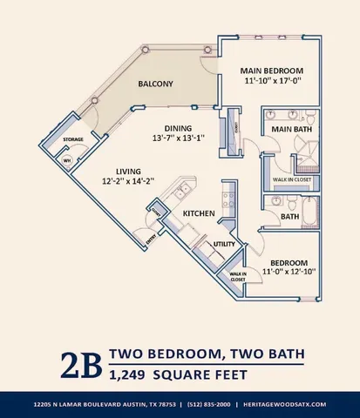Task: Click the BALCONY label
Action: tap(155, 84)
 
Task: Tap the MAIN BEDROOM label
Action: tap(273, 70)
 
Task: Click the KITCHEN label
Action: tap(199, 212)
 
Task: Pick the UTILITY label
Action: tap(225, 245)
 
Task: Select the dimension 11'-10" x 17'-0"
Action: tap(273, 82)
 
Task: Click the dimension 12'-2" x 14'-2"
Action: tap(116, 182)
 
